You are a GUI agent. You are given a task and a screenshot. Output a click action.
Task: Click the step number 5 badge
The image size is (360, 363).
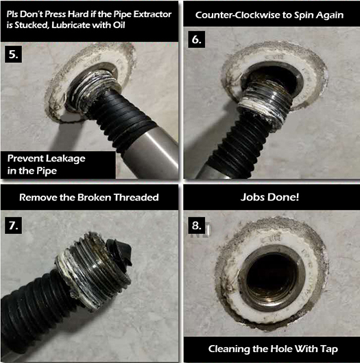click(x=14, y=54)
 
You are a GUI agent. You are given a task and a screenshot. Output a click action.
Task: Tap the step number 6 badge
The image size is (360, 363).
click(x=196, y=40)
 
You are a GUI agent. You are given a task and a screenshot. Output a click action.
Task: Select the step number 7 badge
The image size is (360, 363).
click(x=14, y=225)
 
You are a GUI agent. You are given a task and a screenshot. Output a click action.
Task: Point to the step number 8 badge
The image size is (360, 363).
click(x=196, y=225)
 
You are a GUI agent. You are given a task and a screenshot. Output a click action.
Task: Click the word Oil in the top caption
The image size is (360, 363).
click(x=119, y=25)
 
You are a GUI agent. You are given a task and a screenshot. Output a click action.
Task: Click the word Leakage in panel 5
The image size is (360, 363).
click(x=65, y=159)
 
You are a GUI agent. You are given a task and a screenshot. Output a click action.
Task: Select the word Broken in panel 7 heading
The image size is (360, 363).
click(x=94, y=197)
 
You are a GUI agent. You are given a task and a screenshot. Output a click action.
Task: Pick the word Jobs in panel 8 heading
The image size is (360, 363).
click(x=250, y=197)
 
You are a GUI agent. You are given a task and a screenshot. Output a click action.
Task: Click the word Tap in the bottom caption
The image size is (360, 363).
click(x=329, y=349)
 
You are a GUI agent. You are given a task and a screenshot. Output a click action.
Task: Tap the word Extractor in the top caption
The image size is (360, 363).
click(x=152, y=14)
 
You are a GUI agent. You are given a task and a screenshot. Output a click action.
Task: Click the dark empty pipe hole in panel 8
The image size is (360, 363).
click(x=272, y=275)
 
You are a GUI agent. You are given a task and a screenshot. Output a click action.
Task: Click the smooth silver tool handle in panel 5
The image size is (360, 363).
click(x=154, y=150)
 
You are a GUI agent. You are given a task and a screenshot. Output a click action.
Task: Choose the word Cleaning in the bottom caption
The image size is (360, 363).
click(x=228, y=349)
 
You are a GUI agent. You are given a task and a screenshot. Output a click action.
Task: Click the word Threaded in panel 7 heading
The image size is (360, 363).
click(x=136, y=197)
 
